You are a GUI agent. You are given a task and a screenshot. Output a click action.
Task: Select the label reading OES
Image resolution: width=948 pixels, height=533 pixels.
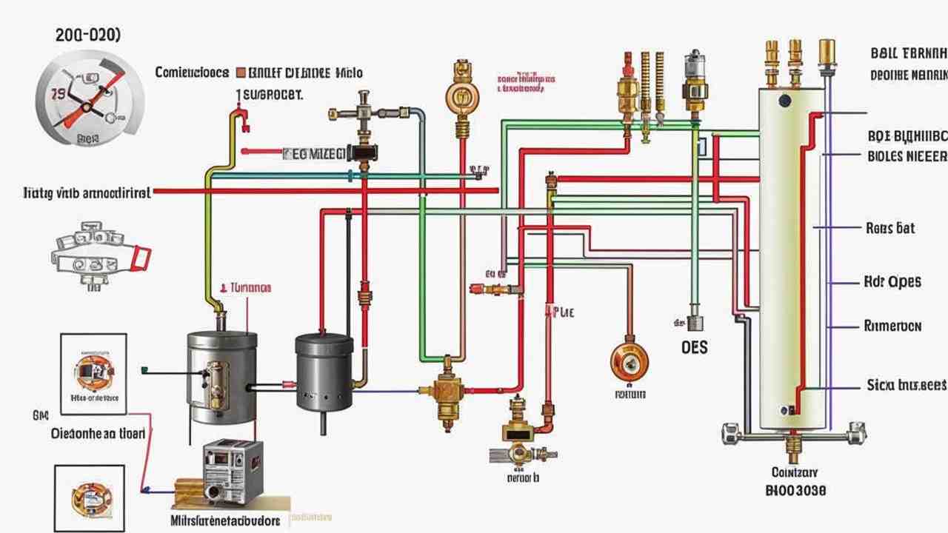(x=693, y=346)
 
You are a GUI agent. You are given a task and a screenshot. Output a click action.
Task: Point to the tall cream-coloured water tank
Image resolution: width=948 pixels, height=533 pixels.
(x=792, y=259)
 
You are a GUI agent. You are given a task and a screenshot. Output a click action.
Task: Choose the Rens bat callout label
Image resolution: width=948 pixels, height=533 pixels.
(x=889, y=228)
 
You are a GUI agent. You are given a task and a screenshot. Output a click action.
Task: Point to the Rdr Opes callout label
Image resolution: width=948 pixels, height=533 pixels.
(x=892, y=282)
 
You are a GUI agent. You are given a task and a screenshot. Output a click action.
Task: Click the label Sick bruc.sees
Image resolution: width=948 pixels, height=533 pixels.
(x=906, y=385)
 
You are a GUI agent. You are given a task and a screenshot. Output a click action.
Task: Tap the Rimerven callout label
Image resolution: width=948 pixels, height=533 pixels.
(x=892, y=326)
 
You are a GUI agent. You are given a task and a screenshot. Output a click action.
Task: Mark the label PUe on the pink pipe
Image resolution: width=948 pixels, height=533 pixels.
(x=562, y=312)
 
